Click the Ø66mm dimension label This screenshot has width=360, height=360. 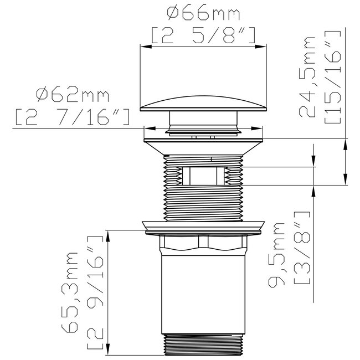point(203,12)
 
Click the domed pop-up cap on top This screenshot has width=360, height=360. point(203,103)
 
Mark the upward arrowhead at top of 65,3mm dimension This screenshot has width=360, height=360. point(108,235)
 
